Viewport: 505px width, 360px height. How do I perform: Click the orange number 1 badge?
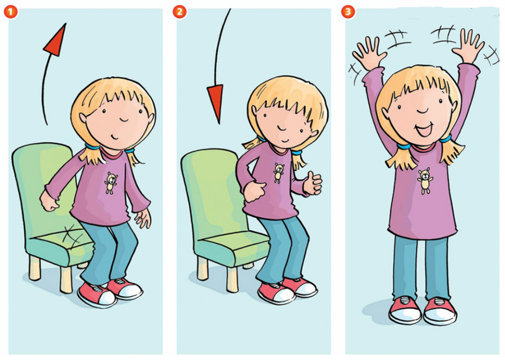pyautogui.click(x=11, y=12)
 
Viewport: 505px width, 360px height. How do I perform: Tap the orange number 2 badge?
pyautogui.click(x=180, y=12)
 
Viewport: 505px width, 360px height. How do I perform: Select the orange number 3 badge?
pyautogui.click(x=348, y=12)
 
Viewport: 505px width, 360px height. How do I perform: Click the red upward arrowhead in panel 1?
pyautogui.click(x=55, y=40)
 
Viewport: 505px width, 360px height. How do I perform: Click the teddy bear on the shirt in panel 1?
pyautogui.click(x=111, y=183)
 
